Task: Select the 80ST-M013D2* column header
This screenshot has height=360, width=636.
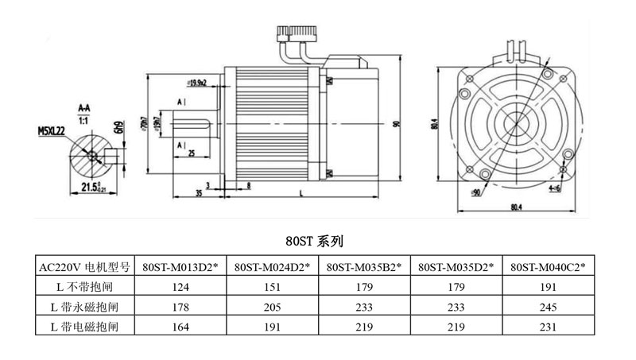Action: coord(181,267)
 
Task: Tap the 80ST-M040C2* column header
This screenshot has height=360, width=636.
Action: coord(547,267)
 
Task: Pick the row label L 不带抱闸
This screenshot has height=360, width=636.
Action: coord(83,285)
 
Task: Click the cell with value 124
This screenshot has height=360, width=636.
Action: coord(181,285)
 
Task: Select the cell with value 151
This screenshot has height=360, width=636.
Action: coord(273,285)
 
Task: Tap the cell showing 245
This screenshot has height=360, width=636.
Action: coord(547,305)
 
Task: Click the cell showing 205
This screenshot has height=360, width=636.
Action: coord(273,305)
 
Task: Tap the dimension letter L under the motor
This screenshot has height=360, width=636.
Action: coord(301,193)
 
